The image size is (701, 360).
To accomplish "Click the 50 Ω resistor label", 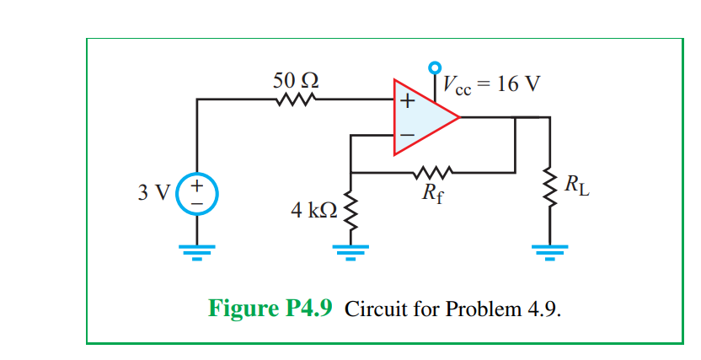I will (296, 81).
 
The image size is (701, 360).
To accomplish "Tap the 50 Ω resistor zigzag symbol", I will (294, 100).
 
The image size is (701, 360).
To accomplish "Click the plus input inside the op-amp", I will (406, 102).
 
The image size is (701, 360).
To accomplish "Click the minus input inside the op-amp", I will (406, 134).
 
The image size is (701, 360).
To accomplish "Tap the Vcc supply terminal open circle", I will (435, 67).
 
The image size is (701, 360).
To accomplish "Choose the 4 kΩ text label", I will (313, 211).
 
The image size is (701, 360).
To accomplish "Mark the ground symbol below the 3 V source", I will (197, 250).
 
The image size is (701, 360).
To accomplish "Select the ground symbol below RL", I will (551, 250).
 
